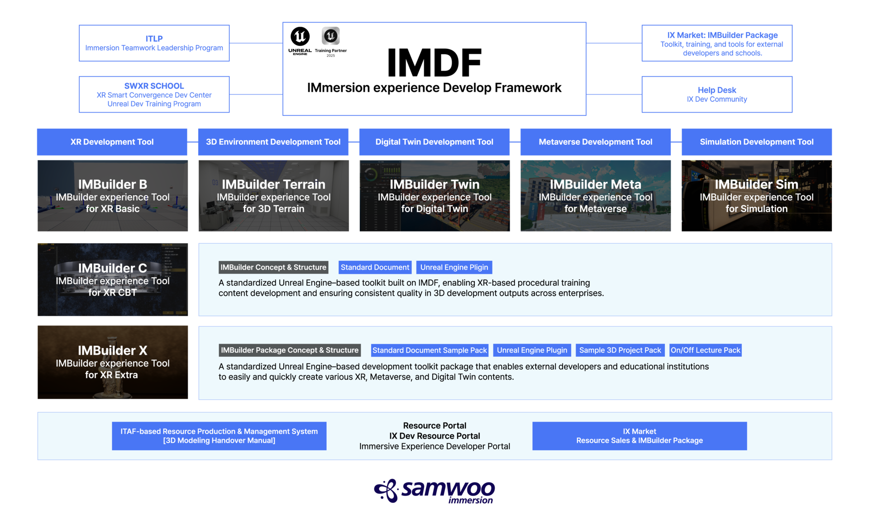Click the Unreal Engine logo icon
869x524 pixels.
pos(331,36)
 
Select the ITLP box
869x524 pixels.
pos(154,43)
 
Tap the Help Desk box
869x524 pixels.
pos(717,94)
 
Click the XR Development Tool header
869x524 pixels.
pos(112,142)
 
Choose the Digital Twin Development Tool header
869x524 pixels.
pos(434,142)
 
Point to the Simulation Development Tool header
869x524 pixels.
pos(756,142)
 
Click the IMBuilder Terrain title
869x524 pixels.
pos(273,184)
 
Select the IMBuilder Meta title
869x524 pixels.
pos(595,184)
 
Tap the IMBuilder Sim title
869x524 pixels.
pos(756,184)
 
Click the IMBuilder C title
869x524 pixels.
pos(112,268)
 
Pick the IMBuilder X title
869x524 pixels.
pos(112,350)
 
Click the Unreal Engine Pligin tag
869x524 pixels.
pos(454,267)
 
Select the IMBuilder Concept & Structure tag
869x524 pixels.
pos(273,267)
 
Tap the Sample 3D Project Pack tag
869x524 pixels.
pos(620,350)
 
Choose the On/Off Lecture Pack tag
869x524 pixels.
pos(705,350)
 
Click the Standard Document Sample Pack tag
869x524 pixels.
pos(430,350)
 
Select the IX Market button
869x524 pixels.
pos(639,436)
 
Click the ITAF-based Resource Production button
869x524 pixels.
pos(219,436)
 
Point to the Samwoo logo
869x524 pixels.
pos(434,491)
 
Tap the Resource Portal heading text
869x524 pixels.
pos(434,425)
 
